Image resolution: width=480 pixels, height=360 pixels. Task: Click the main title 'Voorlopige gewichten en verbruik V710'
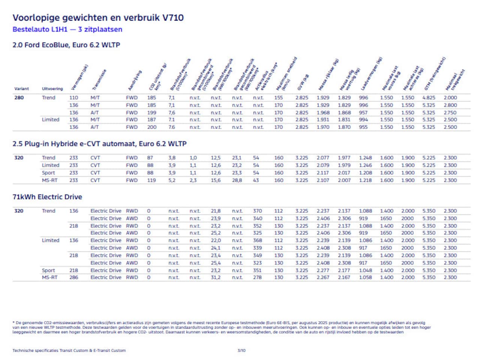click(x=98, y=18)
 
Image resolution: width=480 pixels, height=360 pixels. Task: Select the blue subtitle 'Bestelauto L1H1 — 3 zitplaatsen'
click(x=67, y=29)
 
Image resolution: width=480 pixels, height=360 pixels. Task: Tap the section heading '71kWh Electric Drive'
click(x=47, y=197)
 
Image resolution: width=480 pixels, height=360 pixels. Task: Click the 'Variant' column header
click(x=21, y=89)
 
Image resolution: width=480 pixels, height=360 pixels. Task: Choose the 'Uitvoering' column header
click(x=52, y=89)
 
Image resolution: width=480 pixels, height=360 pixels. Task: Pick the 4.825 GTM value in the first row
click(x=429, y=98)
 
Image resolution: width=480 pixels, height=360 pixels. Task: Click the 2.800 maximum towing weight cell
click(x=450, y=105)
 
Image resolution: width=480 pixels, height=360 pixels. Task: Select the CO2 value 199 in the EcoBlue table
click(x=151, y=112)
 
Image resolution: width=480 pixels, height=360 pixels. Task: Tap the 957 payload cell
click(x=363, y=112)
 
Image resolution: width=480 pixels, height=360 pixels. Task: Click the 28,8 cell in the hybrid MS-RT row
click(x=237, y=180)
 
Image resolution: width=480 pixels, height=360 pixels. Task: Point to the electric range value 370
click(x=257, y=211)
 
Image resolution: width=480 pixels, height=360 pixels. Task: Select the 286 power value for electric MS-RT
click(x=73, y=278)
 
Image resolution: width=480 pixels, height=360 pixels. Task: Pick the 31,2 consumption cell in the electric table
click(x=216, y=278)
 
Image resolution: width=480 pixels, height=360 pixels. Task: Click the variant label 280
click(x=19, y=98)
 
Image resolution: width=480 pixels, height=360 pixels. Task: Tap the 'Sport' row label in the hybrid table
click(x=48, y=173)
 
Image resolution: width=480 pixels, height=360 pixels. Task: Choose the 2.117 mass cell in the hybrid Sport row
click(x=322, y=173)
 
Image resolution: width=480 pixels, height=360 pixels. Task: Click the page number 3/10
click(x=241, y=351)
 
